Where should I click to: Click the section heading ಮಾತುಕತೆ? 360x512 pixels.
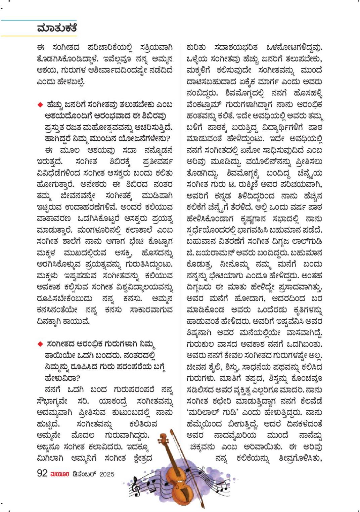57,28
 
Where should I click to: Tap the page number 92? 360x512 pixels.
42,473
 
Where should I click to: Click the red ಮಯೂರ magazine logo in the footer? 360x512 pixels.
60,474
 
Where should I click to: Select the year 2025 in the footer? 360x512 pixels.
107,474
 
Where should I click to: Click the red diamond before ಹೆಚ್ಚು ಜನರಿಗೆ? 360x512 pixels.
40,105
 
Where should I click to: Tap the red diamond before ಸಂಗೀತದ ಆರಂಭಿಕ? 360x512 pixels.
40,344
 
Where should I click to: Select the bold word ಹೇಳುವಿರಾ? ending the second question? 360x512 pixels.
62,378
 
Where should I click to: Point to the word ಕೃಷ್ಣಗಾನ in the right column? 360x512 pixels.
248,219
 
